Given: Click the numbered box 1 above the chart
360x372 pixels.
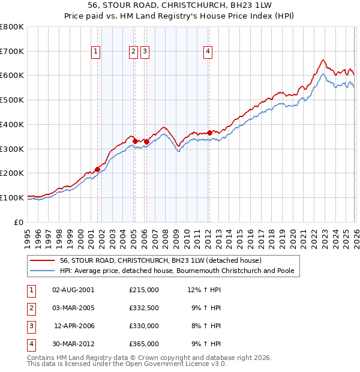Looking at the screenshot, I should pos(96,52).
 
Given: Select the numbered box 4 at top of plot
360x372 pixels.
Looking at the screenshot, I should pos(208,52).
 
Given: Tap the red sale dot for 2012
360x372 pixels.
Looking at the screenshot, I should pos(209,133).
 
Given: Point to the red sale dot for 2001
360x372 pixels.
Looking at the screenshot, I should pos(97,169).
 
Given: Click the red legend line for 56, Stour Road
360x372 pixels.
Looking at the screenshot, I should pos(43,261).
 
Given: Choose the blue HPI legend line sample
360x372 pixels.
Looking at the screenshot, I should pos(43,271).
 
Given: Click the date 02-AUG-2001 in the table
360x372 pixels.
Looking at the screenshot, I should pos(73,290).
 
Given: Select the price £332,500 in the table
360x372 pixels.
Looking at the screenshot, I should pos(144,308).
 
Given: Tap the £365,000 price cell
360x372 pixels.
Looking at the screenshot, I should pos(144,344).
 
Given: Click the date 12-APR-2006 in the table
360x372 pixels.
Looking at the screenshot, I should pos(74,326).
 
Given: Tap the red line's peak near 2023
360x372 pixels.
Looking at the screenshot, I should pos(323,60).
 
